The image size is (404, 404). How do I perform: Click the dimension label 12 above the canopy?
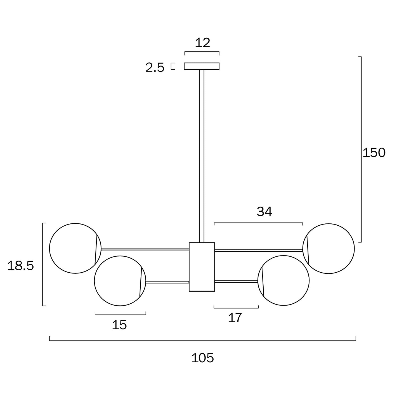pos(202,43)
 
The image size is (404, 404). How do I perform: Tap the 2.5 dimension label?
pos(155,68)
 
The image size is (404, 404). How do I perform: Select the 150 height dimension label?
pos(374,153)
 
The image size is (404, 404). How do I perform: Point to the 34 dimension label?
pos(264,212)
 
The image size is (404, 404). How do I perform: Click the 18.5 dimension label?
pos(20,266)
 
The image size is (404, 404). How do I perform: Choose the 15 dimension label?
pos(119,325)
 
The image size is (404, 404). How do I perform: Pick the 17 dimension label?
pos(235,318)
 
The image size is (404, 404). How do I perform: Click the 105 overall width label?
pos(202,358)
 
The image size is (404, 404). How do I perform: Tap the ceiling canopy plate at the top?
pos(202,66)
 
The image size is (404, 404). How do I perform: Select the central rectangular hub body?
pos(202,267)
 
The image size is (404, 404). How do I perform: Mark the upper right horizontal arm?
pos(258,250)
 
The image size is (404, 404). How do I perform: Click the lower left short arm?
pos(167,282)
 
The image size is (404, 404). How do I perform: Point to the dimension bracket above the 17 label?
pos(236,308)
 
